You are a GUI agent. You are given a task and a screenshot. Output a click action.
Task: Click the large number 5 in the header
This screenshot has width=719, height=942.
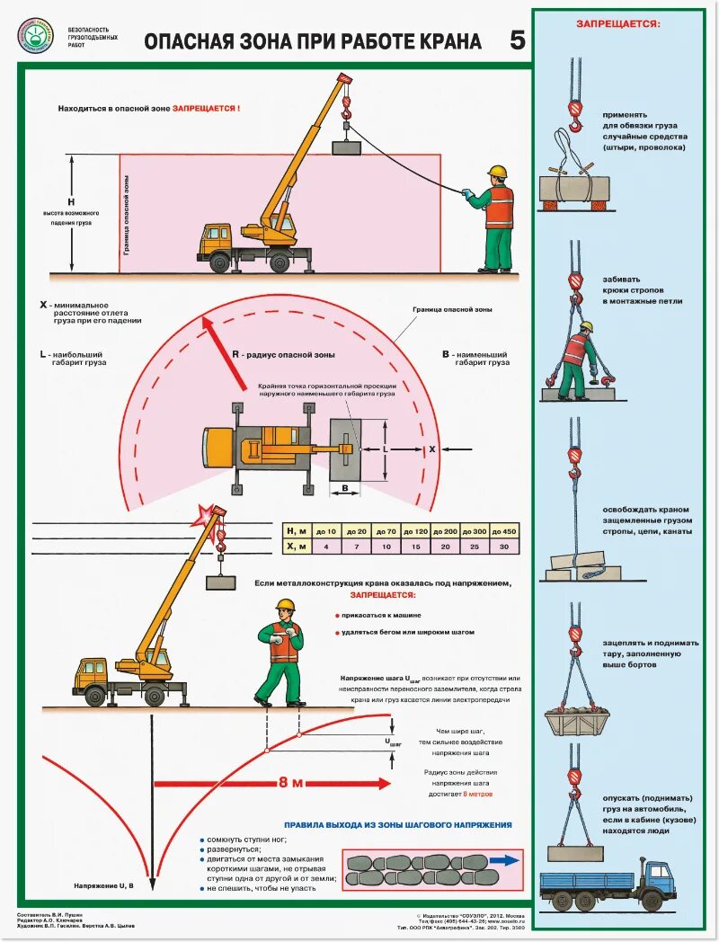click(x=518, y=40)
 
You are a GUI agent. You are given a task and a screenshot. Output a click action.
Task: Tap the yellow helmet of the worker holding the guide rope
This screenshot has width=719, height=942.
click(x=497, y=171)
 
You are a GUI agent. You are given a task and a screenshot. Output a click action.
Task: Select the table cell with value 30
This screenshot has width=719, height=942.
click(x=503, y=547)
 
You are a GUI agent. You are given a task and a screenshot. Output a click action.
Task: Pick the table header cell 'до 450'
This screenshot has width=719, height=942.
click(x=503, y=531)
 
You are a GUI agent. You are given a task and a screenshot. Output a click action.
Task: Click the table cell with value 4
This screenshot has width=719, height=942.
click(x=326, y=547)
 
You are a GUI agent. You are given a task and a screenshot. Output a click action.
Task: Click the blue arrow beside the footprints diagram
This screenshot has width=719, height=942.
click(x=506, y=859)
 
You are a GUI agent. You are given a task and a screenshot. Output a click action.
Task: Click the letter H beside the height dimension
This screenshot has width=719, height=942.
click(x=72, y=202)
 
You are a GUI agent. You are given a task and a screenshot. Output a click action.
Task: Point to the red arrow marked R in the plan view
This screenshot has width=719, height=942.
click(x=222, y=351)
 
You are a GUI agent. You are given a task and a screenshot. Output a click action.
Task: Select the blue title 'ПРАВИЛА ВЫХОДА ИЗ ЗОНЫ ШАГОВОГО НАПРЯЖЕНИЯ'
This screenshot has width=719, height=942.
click(x=397, y=824)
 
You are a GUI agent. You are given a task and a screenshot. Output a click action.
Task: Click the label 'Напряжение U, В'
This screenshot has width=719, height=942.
click(x=104, y=886)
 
